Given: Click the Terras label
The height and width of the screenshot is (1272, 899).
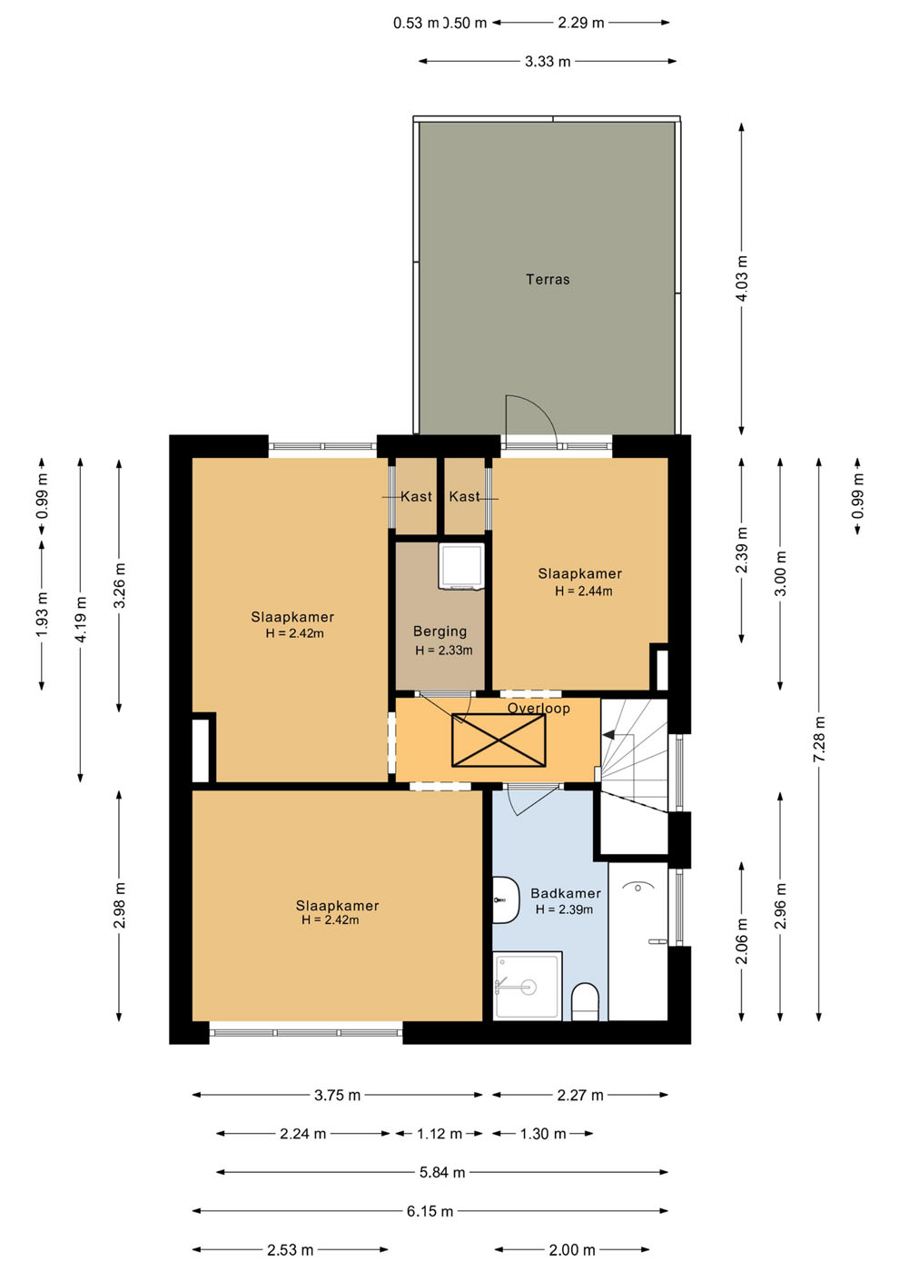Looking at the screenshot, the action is point(547,280).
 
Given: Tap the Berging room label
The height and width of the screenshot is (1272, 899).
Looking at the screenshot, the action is point(440,631).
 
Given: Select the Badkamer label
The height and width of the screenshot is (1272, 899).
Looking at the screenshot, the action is point(565,893).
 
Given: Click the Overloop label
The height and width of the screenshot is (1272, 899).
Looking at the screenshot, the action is point(538,708).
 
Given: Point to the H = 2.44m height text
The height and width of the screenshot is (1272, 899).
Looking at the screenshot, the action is point(583,591).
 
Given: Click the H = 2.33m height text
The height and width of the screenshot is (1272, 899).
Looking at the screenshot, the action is point(443,651).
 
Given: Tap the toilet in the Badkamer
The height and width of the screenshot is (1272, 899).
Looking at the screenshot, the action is point(585,1001).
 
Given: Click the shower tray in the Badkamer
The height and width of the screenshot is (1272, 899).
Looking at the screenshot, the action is point(528,986).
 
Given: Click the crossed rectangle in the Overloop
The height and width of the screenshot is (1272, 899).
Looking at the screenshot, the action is point(499,740).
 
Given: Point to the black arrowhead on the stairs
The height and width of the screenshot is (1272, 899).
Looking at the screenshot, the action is point(608,735).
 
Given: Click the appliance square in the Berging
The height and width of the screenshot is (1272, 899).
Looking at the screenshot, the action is point(461,565).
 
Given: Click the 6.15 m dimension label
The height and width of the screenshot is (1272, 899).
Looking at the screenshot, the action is point(430,1211).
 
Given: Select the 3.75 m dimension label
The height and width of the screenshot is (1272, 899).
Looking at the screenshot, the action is point(337,1095).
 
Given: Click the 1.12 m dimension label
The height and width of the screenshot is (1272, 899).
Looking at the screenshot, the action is point(440,1134).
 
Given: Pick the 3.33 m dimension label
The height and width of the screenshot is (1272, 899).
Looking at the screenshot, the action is point(547,62).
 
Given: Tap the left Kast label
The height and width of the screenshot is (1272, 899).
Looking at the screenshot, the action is point(416,497).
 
